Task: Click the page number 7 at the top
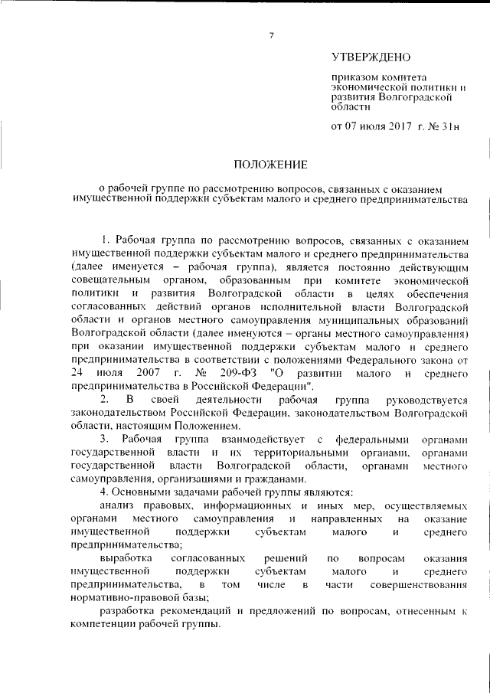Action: click(x=271, y=34)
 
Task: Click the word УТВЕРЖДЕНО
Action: click(x=371, y=58)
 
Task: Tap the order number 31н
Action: click(x=446, y=126)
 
